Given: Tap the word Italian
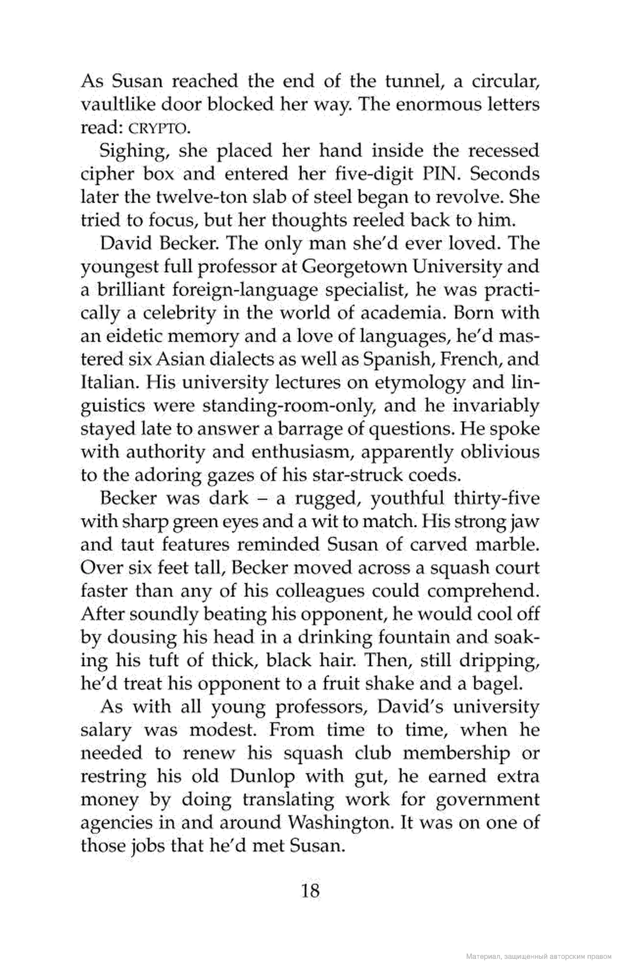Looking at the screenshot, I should point(106,383).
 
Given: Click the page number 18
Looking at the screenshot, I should point(310,890).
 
